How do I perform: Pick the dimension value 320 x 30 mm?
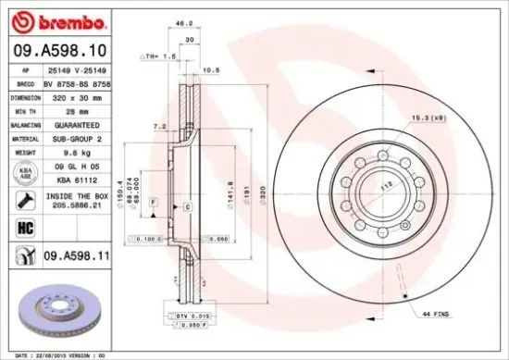(x=78, y=95)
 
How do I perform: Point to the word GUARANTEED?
(x=78, y=123)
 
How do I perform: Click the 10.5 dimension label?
(x=210, y=70)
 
